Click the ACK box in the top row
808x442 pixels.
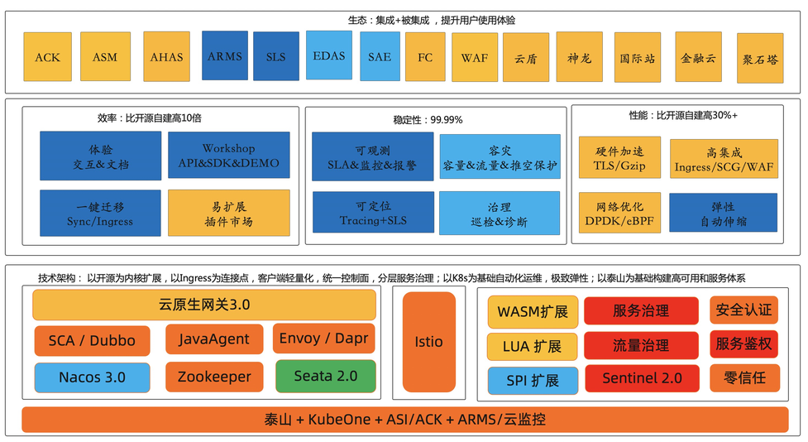(47, 57)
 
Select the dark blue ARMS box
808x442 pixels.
(225, 56)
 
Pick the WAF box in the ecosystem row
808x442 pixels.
(474, 57)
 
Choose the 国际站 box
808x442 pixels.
(638, 58)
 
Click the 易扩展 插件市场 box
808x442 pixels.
(229, 214)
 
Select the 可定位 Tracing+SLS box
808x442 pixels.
(372, 214)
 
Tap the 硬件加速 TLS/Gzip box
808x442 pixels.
(619, 158)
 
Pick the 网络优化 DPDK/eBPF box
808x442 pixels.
(619, 213)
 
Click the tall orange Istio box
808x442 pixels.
(428, 342)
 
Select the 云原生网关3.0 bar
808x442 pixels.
(203, 305)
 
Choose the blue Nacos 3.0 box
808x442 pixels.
(92, 377)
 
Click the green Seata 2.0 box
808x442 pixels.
(325, 376)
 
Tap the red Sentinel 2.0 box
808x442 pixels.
(642, 378)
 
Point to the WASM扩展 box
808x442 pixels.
(532, 311)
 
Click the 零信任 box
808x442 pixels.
(743, 377)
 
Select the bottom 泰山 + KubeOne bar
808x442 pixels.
(404, 420)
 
